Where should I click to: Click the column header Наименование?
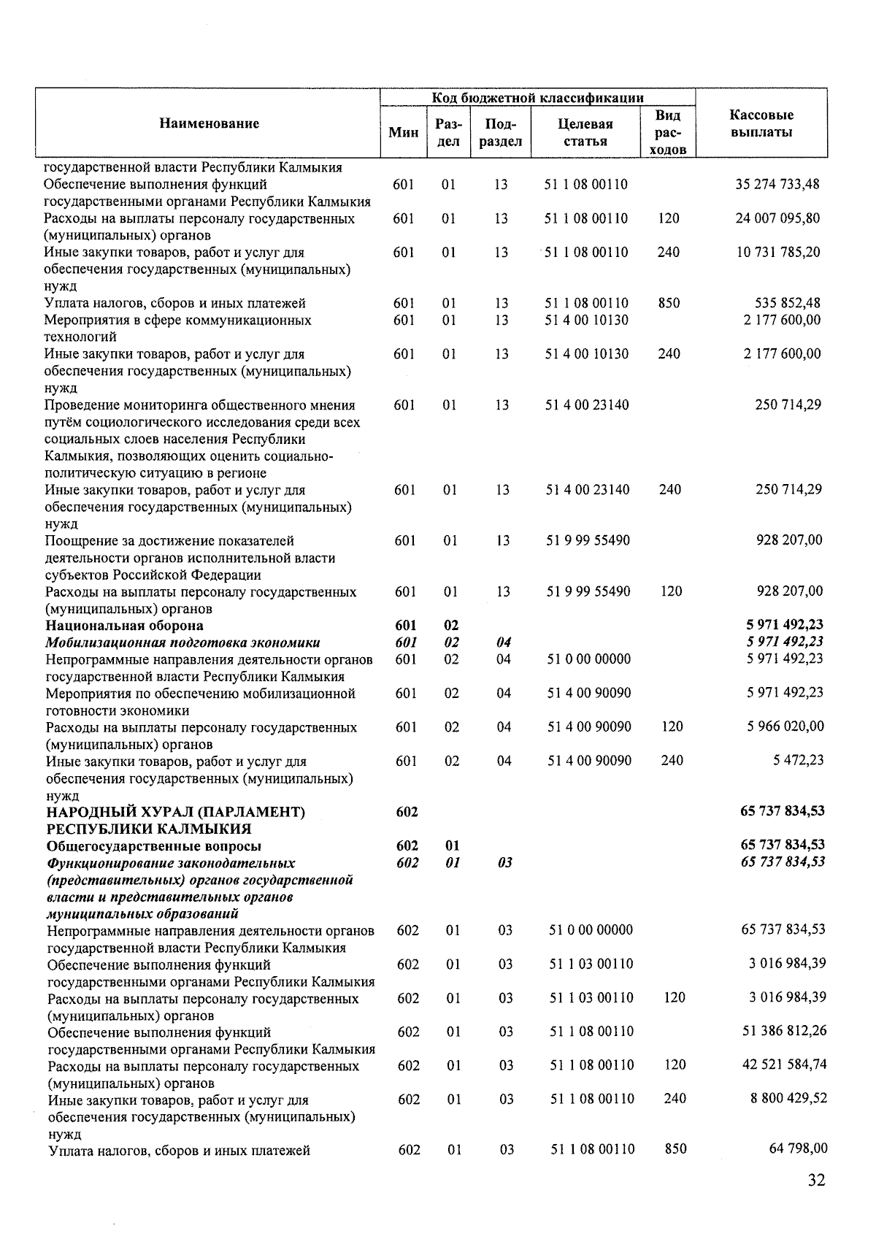tap(209, 123)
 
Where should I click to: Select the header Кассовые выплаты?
tap(761, 124)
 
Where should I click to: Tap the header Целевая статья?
tap(585, 132)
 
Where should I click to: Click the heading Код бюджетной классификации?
tap(537, 98)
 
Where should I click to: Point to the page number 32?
tap(816, 1180)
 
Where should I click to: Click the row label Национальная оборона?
tap(124, 626)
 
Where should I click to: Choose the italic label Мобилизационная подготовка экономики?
tap(182, 642)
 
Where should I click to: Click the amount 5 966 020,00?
tap(785, 726)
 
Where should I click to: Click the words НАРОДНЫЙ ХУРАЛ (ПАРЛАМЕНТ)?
tap(176, 812)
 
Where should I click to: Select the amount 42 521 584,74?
tap(784, 1065)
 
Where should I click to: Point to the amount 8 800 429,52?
tap(788, 1098)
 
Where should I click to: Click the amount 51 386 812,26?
tap(784, 1031)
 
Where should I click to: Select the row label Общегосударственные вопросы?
tap(154, 846)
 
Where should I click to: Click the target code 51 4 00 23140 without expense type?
tap(587, 405)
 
